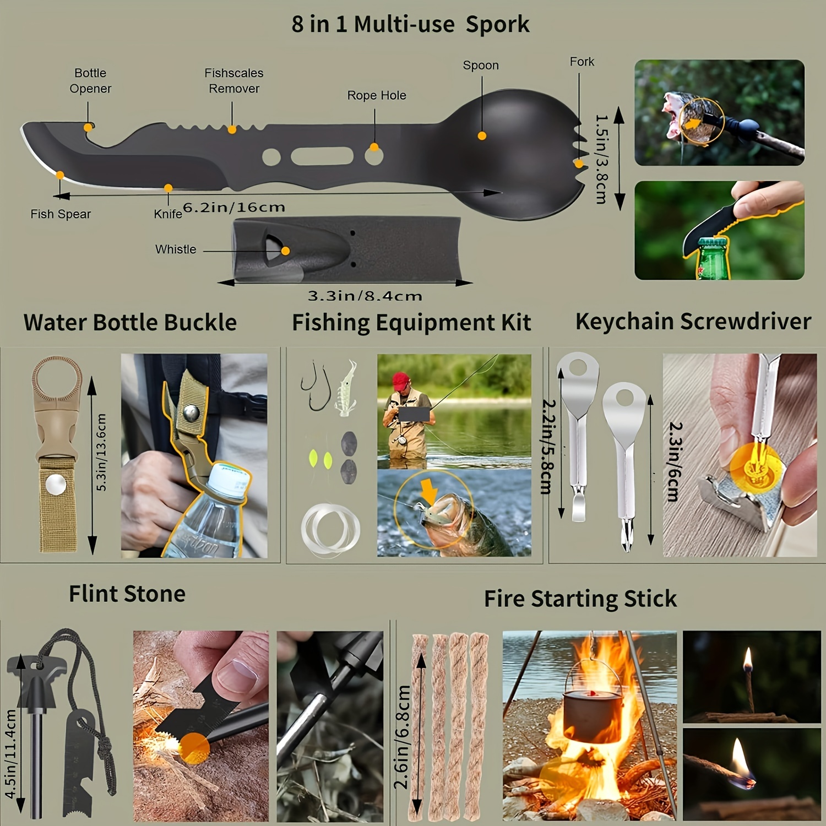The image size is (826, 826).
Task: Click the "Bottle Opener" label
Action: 90,80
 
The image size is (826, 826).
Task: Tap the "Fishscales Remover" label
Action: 233,80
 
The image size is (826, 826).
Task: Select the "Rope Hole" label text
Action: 377,95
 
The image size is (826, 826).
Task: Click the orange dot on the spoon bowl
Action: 482,135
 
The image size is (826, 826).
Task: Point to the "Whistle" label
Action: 176,249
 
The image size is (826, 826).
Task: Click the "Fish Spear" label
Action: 61,214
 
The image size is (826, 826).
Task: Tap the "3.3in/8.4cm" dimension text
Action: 365,296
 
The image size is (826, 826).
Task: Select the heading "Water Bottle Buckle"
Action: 130,322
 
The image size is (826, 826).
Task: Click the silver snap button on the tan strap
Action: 56,485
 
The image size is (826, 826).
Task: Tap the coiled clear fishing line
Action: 330,529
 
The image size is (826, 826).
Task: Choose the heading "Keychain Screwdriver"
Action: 693,322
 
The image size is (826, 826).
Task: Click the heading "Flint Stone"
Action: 127,594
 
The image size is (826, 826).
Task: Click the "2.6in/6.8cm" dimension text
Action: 403,737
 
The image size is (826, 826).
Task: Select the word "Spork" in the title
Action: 497,24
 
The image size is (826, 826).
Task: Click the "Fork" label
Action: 582,62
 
